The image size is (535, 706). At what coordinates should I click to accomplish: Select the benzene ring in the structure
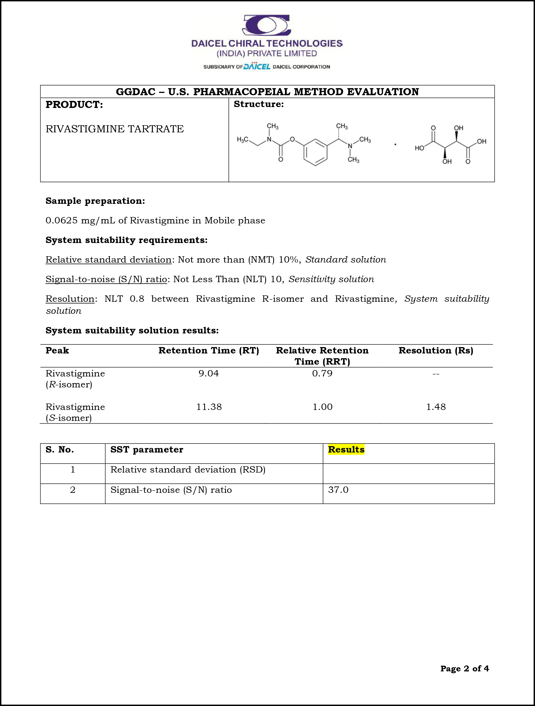(315, 152)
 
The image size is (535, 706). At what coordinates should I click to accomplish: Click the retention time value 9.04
(209, 373)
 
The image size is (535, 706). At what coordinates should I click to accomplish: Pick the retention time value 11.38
(209, 407)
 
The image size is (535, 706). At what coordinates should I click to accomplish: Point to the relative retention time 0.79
(322, 373)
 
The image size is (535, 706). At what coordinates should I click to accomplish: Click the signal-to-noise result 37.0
(338, 490)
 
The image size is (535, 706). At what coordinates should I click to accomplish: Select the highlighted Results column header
(346, 450)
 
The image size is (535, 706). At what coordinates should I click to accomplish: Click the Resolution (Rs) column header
(436, 350)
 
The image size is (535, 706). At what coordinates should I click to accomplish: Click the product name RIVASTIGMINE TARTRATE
(115, 129)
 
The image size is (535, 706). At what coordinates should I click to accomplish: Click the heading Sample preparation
(95, 201)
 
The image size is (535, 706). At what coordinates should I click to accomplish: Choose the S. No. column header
(60, 450)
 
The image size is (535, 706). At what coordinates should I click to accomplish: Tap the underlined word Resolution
(70, 299)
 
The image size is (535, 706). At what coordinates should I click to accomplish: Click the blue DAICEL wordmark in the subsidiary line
(257, 67)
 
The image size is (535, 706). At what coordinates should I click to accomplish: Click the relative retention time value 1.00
(322, 407)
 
